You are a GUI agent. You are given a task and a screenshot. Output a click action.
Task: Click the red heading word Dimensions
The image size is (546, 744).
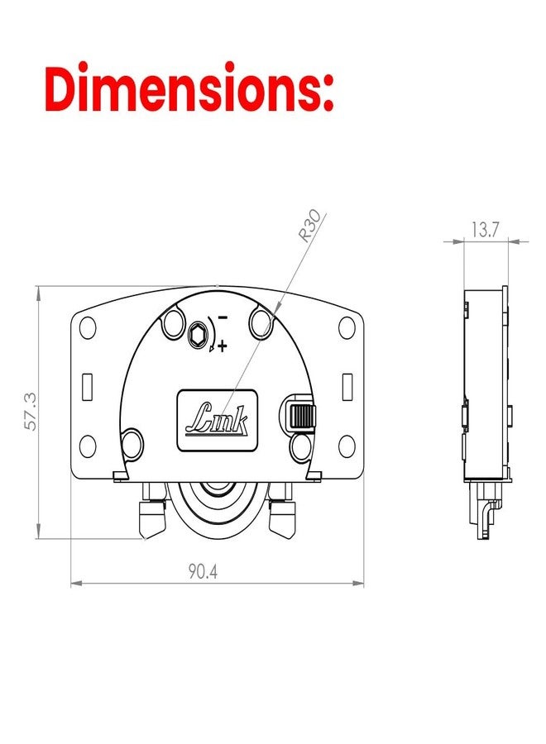click(189, 87)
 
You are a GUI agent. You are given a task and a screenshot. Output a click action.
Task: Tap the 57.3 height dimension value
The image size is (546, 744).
click(31, 412)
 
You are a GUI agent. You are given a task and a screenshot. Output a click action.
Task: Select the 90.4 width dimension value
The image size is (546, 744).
click(203, 571)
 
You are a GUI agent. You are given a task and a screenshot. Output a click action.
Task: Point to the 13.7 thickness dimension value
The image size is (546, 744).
click(486, 230)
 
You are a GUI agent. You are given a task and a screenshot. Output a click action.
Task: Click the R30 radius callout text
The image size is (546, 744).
click(309, 227)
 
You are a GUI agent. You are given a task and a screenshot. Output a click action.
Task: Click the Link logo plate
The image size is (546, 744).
click(218, 421)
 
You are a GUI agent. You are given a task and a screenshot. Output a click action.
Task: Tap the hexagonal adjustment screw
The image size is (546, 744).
click(197, 334)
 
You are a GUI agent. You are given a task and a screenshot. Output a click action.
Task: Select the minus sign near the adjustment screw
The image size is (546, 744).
click(222, 317)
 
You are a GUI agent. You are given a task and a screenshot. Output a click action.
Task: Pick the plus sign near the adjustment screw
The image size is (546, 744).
click(222, 346)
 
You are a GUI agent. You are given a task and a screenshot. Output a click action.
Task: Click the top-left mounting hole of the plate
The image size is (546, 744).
click(88, 327)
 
